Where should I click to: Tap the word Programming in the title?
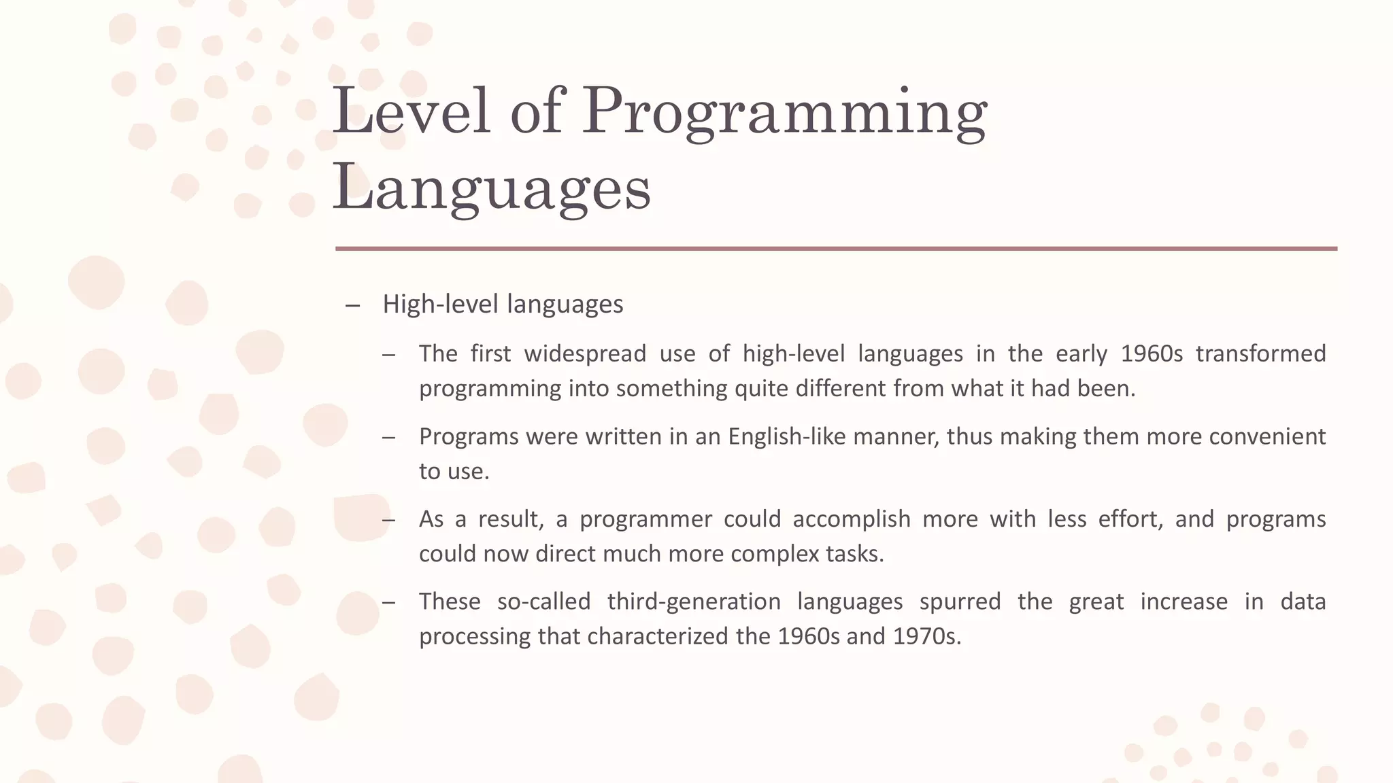point(784,112)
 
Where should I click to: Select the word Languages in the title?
point(491,188)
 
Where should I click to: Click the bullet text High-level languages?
point(503,304)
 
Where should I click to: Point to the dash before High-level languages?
point(352,305)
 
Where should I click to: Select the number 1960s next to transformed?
point(1152,353)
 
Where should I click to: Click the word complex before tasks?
point(775,554)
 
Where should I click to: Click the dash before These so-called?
point(388,603)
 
